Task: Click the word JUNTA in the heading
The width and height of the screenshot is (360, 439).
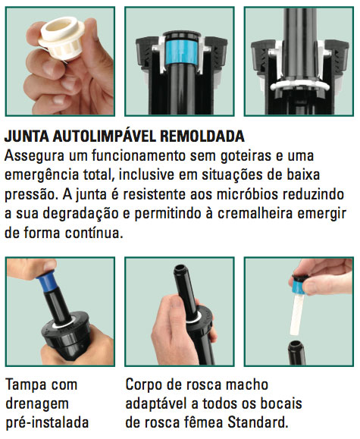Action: (x=27, y=136)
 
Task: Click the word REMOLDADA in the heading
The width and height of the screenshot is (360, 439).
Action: (x=202, y=136)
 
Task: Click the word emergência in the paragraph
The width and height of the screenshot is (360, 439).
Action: (x=42, y=176)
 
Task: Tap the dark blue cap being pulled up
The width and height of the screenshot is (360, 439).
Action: (x=46, y=281)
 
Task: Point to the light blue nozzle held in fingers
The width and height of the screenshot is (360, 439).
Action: (x=299, y=285)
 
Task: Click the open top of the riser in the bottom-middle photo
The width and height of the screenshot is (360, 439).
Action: (x=181, y=270)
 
